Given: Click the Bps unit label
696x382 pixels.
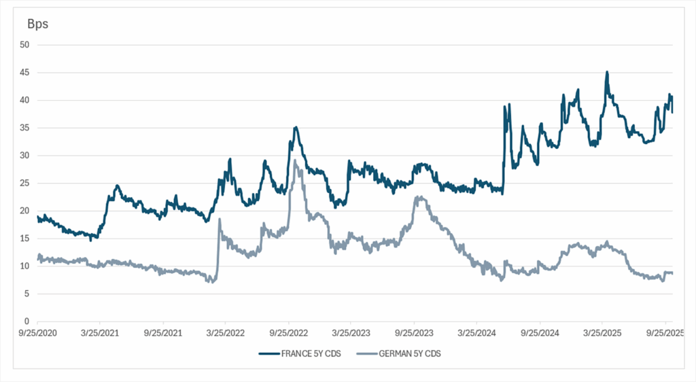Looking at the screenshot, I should (37, 24).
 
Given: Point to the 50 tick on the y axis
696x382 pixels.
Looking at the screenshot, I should (24, 45).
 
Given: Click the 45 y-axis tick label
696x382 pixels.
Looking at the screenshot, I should (24, 73).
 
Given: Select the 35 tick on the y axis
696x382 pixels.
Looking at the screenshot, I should (24, 128).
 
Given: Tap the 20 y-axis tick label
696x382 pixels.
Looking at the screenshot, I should (24, 211).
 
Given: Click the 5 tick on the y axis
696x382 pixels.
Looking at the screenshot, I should (27, 294).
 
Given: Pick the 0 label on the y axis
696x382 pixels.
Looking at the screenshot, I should (27, 322).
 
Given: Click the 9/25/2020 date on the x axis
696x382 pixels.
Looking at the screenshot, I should (37, 334).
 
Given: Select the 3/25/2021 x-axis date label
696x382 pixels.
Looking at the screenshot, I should (100, 334).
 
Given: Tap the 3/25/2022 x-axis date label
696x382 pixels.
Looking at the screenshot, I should (226, 334).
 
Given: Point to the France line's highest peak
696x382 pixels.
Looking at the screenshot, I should (606, 72).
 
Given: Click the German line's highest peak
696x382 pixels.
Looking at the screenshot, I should (295, 161).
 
